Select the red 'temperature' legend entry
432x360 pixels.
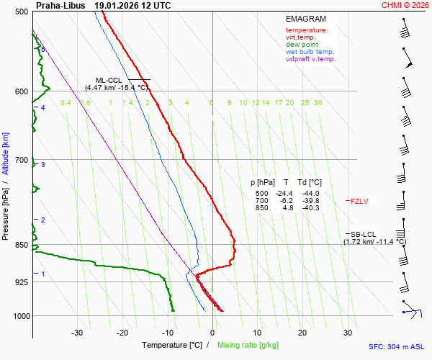pyautogui.click(x=305, y=30)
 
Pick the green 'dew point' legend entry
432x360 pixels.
pyautogui.click(x=302, y=45)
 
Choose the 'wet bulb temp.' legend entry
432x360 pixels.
pyautogui.click(x=310, y=52)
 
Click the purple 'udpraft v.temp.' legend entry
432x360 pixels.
pyautogui.click(x=310, y=59)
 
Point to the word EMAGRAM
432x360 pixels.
pyautogui.click(x=306, y=19)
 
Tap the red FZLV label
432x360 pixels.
pyautogui.click(x=359, y=201)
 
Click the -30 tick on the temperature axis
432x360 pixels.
pyautogui.click(x=77, y=333)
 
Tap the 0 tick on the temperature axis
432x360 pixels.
pyautogui.click(x=212, y=333)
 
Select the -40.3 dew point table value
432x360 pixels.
pyautogui.click(x=311, y=208)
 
